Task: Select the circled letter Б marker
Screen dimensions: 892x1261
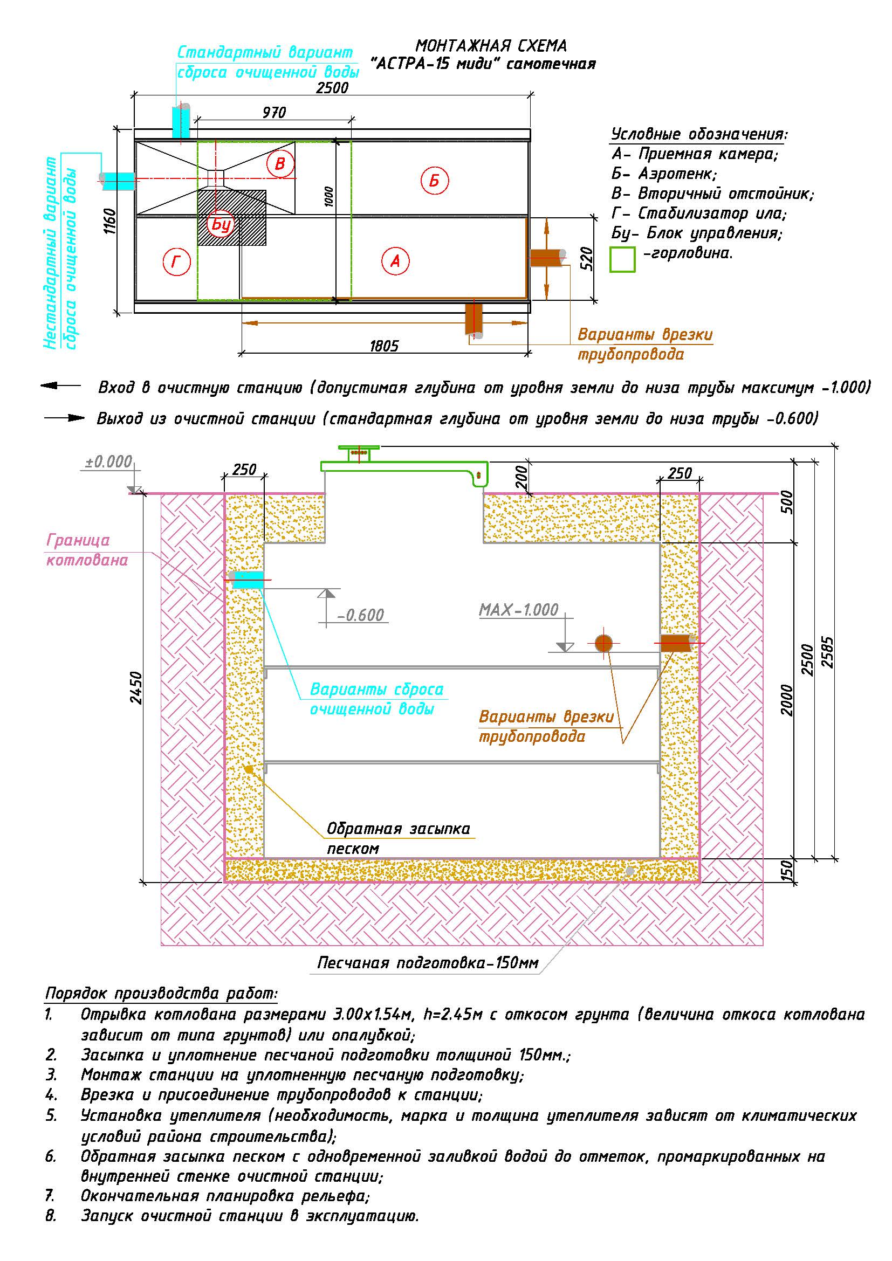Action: [x=435, y=180]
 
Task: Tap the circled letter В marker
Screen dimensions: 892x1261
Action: [x=280, y=163]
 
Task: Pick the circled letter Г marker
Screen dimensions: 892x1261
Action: [x=176, y=262]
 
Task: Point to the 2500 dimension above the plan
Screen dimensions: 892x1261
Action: [x=332, y=87]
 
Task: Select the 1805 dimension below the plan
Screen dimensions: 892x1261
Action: [x=384, y=346]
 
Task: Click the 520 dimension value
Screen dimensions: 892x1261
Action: [x=586, y=258]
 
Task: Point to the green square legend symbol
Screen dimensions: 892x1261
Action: [x=622, y=259]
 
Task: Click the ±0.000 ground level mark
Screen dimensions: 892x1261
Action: [x=109, y=461]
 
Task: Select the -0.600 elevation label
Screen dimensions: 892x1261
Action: [x=360, y=615]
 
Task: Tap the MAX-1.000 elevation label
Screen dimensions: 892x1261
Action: [x=518, y=610]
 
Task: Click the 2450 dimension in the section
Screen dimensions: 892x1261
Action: [x=137, y=687]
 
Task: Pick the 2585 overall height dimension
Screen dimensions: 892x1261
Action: [x=828, y=652]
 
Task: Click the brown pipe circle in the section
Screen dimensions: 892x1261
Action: [x=603, y=643]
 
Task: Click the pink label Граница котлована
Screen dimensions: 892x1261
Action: [x=87, y=550]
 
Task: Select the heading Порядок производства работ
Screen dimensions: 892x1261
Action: [x=161, y=994]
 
